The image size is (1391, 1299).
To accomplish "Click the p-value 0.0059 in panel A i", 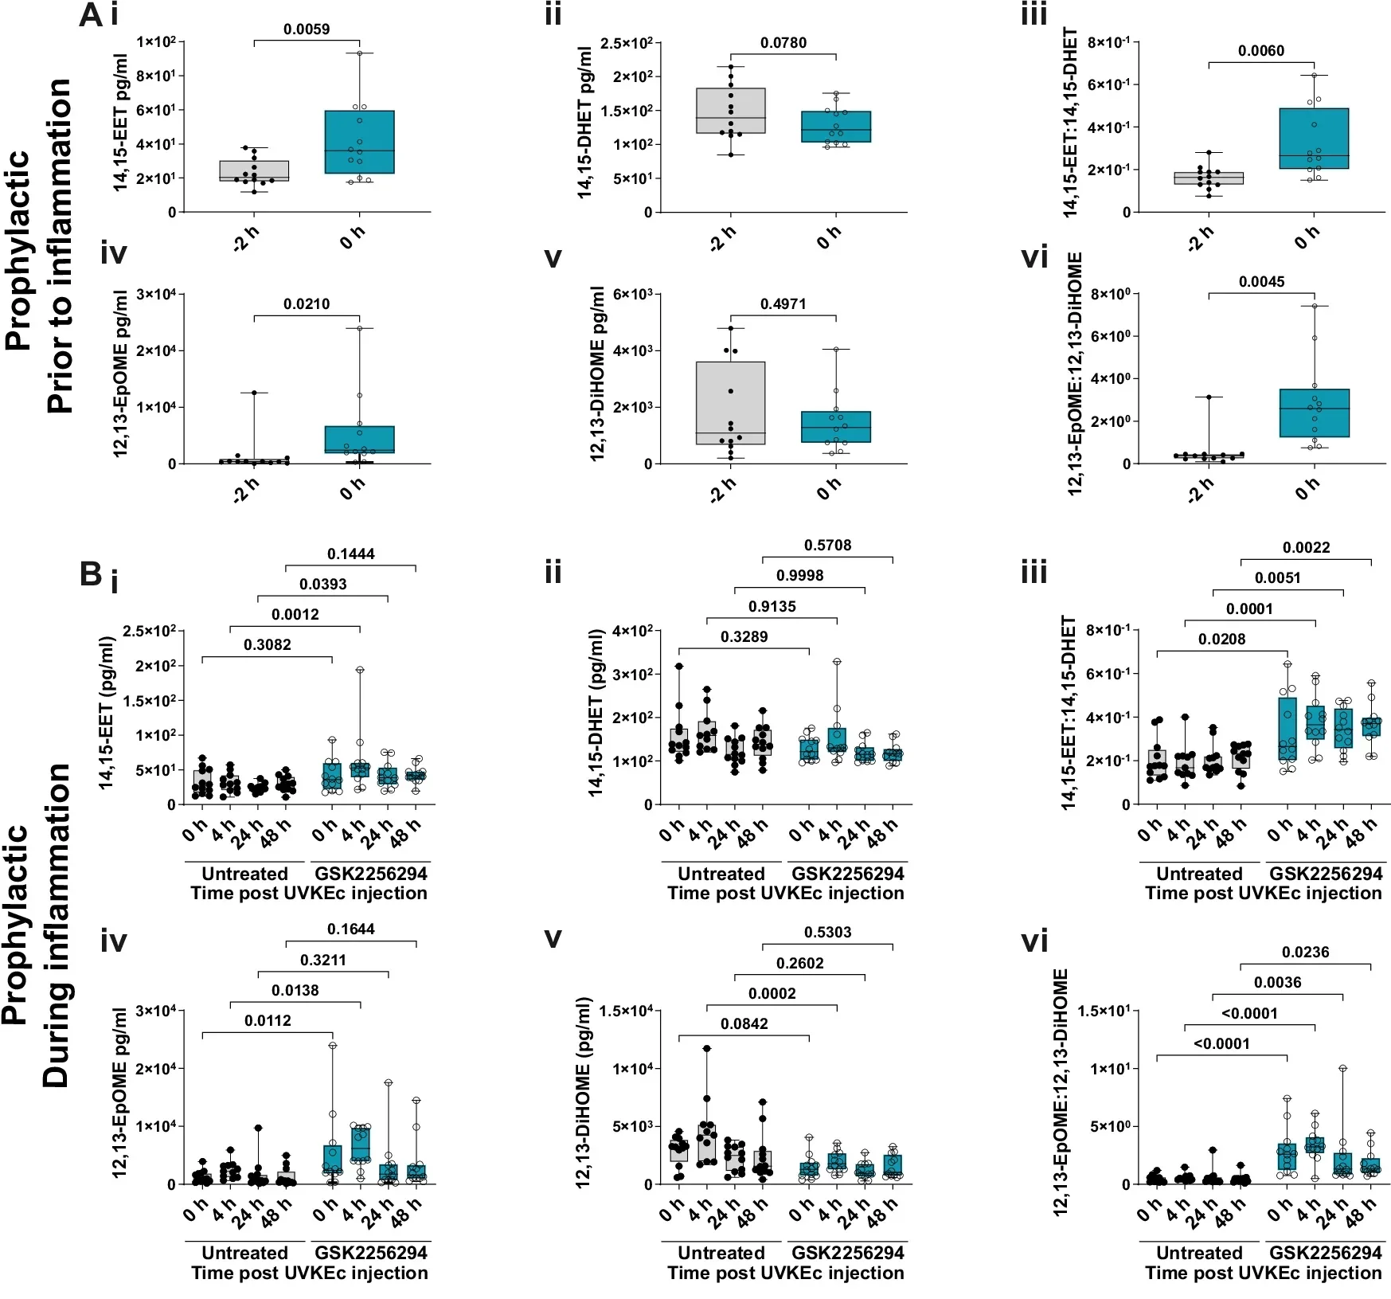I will tap(307, 29).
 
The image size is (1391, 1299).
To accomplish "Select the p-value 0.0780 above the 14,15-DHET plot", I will tap(783, 43).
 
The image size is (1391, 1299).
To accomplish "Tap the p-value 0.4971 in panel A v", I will tap(783, 304).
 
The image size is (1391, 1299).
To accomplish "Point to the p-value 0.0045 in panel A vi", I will tap(1261, 282).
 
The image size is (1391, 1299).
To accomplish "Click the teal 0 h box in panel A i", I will tap(359, 142).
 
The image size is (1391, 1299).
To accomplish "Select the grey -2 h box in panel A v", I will tap(730, 403).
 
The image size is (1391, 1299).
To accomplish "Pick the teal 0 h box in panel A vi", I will tap(1314, 413).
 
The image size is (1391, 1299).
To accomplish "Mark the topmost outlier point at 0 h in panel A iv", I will tap(359, 328).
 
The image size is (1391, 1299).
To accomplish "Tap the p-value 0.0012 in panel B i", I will tap(295, 615).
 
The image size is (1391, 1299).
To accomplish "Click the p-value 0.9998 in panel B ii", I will tap(799, 576).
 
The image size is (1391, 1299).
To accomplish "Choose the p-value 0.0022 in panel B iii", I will tap(1306, 548).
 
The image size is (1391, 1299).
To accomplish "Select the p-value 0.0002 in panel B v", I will tap(772, 994).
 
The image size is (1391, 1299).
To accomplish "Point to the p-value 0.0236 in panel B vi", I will tap(1305, 953).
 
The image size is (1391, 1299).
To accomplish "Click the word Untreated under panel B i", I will tap(244, 874).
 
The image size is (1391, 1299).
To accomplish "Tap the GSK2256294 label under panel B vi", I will tap(1326, 1253).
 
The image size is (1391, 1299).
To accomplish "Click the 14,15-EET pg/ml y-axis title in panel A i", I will tap(120, 123).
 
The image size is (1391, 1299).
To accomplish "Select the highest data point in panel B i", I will tap(360, 670).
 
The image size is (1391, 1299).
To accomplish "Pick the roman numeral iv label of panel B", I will tap(114, 941).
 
